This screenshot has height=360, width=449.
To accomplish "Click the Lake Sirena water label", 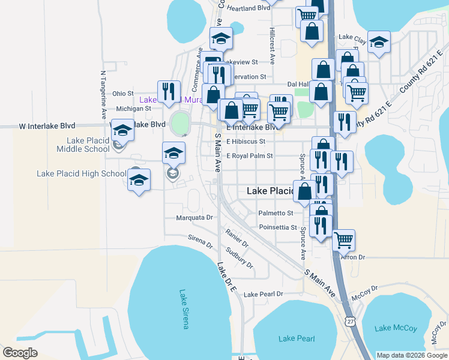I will (184, 310).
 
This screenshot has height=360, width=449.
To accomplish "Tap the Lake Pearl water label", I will (297, 339).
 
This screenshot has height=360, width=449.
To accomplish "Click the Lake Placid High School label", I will (81, 174).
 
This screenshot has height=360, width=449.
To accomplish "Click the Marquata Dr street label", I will (194, 218).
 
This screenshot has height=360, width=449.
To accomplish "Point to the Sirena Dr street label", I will (200, 242).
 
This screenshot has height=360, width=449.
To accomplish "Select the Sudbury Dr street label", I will (240, 258).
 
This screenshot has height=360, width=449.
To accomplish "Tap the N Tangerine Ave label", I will (103, 93).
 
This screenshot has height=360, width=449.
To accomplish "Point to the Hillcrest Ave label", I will (272, 46).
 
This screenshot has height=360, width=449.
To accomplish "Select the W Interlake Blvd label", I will (47, 126).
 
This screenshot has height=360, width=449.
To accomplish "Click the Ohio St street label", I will (122, 94).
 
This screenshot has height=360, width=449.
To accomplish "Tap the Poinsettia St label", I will (278, 227).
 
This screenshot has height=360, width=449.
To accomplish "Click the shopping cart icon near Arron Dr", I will (343, 240).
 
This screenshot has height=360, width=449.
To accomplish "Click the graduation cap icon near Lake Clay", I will (379, 42).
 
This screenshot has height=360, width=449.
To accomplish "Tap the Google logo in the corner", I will (20, 353).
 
